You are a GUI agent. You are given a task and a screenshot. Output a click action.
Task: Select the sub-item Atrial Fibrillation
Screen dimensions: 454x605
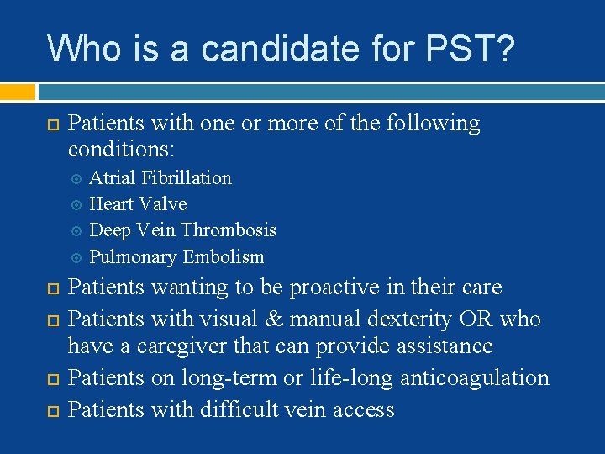(160, 177)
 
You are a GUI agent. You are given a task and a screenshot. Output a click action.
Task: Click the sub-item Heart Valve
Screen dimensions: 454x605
(138, 203)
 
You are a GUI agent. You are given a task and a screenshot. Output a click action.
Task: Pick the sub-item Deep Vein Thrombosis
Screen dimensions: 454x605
(182, 230)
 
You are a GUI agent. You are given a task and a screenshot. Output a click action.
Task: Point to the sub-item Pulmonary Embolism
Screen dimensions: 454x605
(176, 256)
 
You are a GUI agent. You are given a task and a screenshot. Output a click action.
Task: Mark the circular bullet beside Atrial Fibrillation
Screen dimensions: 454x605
(76, 178)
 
